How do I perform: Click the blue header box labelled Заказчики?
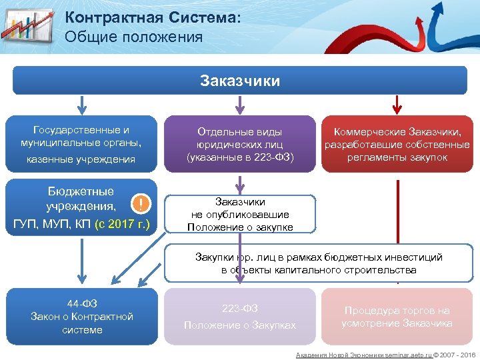(x=239, y=81)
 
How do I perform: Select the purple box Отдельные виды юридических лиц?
(x=239, y=143)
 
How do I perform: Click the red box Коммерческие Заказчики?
(x=397, y=143)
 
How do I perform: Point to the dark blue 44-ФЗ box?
(x=82, y=316)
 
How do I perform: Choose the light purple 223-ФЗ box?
(x=239, y=316)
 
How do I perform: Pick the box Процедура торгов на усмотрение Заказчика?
(x=397, y=316)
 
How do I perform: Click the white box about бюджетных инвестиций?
(x=318, y=263)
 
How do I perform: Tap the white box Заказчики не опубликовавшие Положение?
(x=239, y=214)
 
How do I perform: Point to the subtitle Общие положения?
(x=134, y=37)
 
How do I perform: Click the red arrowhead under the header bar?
(x=397, y=109)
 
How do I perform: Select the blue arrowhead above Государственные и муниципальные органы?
(x=82, y=109)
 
